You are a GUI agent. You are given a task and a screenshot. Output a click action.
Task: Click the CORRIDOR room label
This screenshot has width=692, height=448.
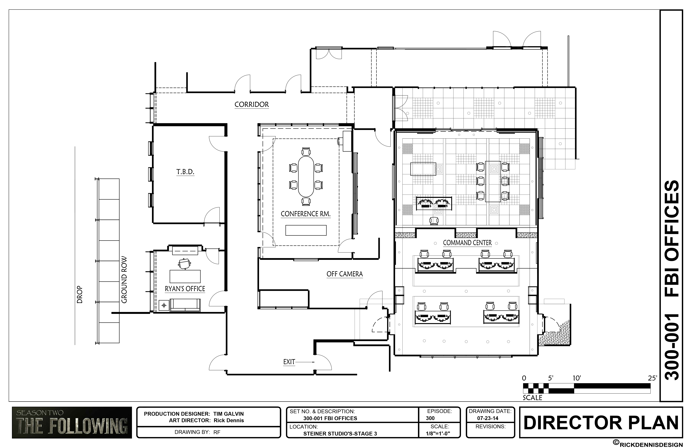click(252, 104)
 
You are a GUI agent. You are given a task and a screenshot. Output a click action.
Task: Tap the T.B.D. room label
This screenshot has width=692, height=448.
click(185, 172)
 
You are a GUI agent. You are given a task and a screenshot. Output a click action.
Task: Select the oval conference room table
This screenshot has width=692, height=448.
click(306, 176)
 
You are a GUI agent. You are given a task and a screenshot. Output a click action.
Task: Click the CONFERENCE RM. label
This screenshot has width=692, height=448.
click(306, 214)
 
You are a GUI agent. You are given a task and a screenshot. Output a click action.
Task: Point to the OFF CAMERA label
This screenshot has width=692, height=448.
click(345, 274)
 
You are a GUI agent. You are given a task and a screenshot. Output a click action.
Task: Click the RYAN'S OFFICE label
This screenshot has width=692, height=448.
click(185, 289)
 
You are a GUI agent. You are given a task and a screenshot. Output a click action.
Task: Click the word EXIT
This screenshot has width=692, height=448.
click(289, 362)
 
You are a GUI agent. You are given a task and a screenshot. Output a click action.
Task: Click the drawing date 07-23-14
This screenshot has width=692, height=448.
click(488, 418)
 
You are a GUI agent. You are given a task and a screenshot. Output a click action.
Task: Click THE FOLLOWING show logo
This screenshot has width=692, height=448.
click(72, 422)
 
